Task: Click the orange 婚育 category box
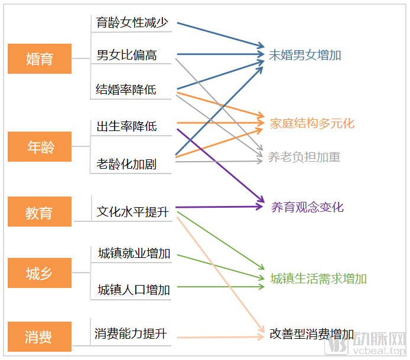click(x=40, y=59)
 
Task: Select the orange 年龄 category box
click(x=40, y=147)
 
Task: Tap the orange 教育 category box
click(x=40, y=212)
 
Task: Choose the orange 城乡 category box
click(x=40, y=273)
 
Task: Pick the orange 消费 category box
click(x=40, y=337)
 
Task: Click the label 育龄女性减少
click(x=133, y=24)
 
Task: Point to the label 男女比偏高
click(x=127, y=56)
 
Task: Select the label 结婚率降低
click(x=126, y=90)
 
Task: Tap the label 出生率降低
click(x=127, y=126)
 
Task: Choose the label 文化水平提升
click(x=133, y=211)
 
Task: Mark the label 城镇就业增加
click(x=134, y=254)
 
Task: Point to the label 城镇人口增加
click(x=134, y=289)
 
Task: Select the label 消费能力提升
click(x=131, y=334)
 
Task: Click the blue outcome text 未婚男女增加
click(x=305, y=55)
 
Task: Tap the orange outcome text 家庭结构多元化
click(x=312, y=123)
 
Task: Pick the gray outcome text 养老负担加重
click(x=304, y=157)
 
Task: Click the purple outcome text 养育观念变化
click(x=307, y=207)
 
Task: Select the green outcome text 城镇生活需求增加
click(x=318, y=279)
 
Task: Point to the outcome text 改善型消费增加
click(x=312, y=334)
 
